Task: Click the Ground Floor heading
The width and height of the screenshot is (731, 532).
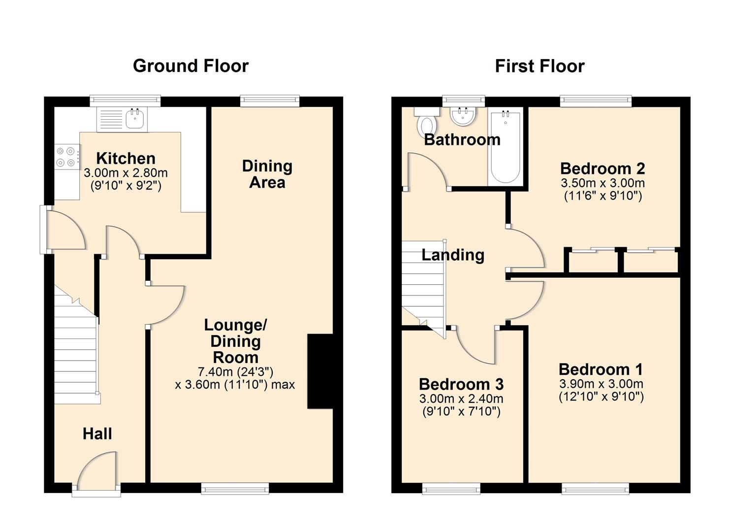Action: tap(191, 66)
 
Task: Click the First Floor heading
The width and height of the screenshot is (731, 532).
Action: tap(540, 66)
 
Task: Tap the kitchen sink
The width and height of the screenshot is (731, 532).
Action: tap(134, 118)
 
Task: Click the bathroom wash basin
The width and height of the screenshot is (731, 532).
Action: tap(463, 116)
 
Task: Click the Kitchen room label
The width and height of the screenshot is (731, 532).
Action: tap(126, 159)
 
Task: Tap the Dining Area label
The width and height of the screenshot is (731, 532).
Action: tap(267, 174)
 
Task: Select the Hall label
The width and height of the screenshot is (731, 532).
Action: tap(97, 434)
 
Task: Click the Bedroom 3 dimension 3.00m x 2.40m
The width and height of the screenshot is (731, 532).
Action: tap(461, 399)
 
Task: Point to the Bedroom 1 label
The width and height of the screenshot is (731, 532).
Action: tap(601, 369)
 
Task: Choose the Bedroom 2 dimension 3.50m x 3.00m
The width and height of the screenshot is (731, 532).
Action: tap(603, 183)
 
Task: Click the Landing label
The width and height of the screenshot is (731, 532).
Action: tap(453, 255)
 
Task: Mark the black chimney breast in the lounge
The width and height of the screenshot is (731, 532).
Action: tap(320, 371)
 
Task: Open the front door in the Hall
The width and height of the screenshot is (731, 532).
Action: tap(97, 473)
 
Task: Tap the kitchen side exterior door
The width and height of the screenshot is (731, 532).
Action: tap(64, 229)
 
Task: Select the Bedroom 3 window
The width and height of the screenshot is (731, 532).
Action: tap(451, 488)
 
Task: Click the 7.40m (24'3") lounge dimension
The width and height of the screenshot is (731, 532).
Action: tap(235, 371)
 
